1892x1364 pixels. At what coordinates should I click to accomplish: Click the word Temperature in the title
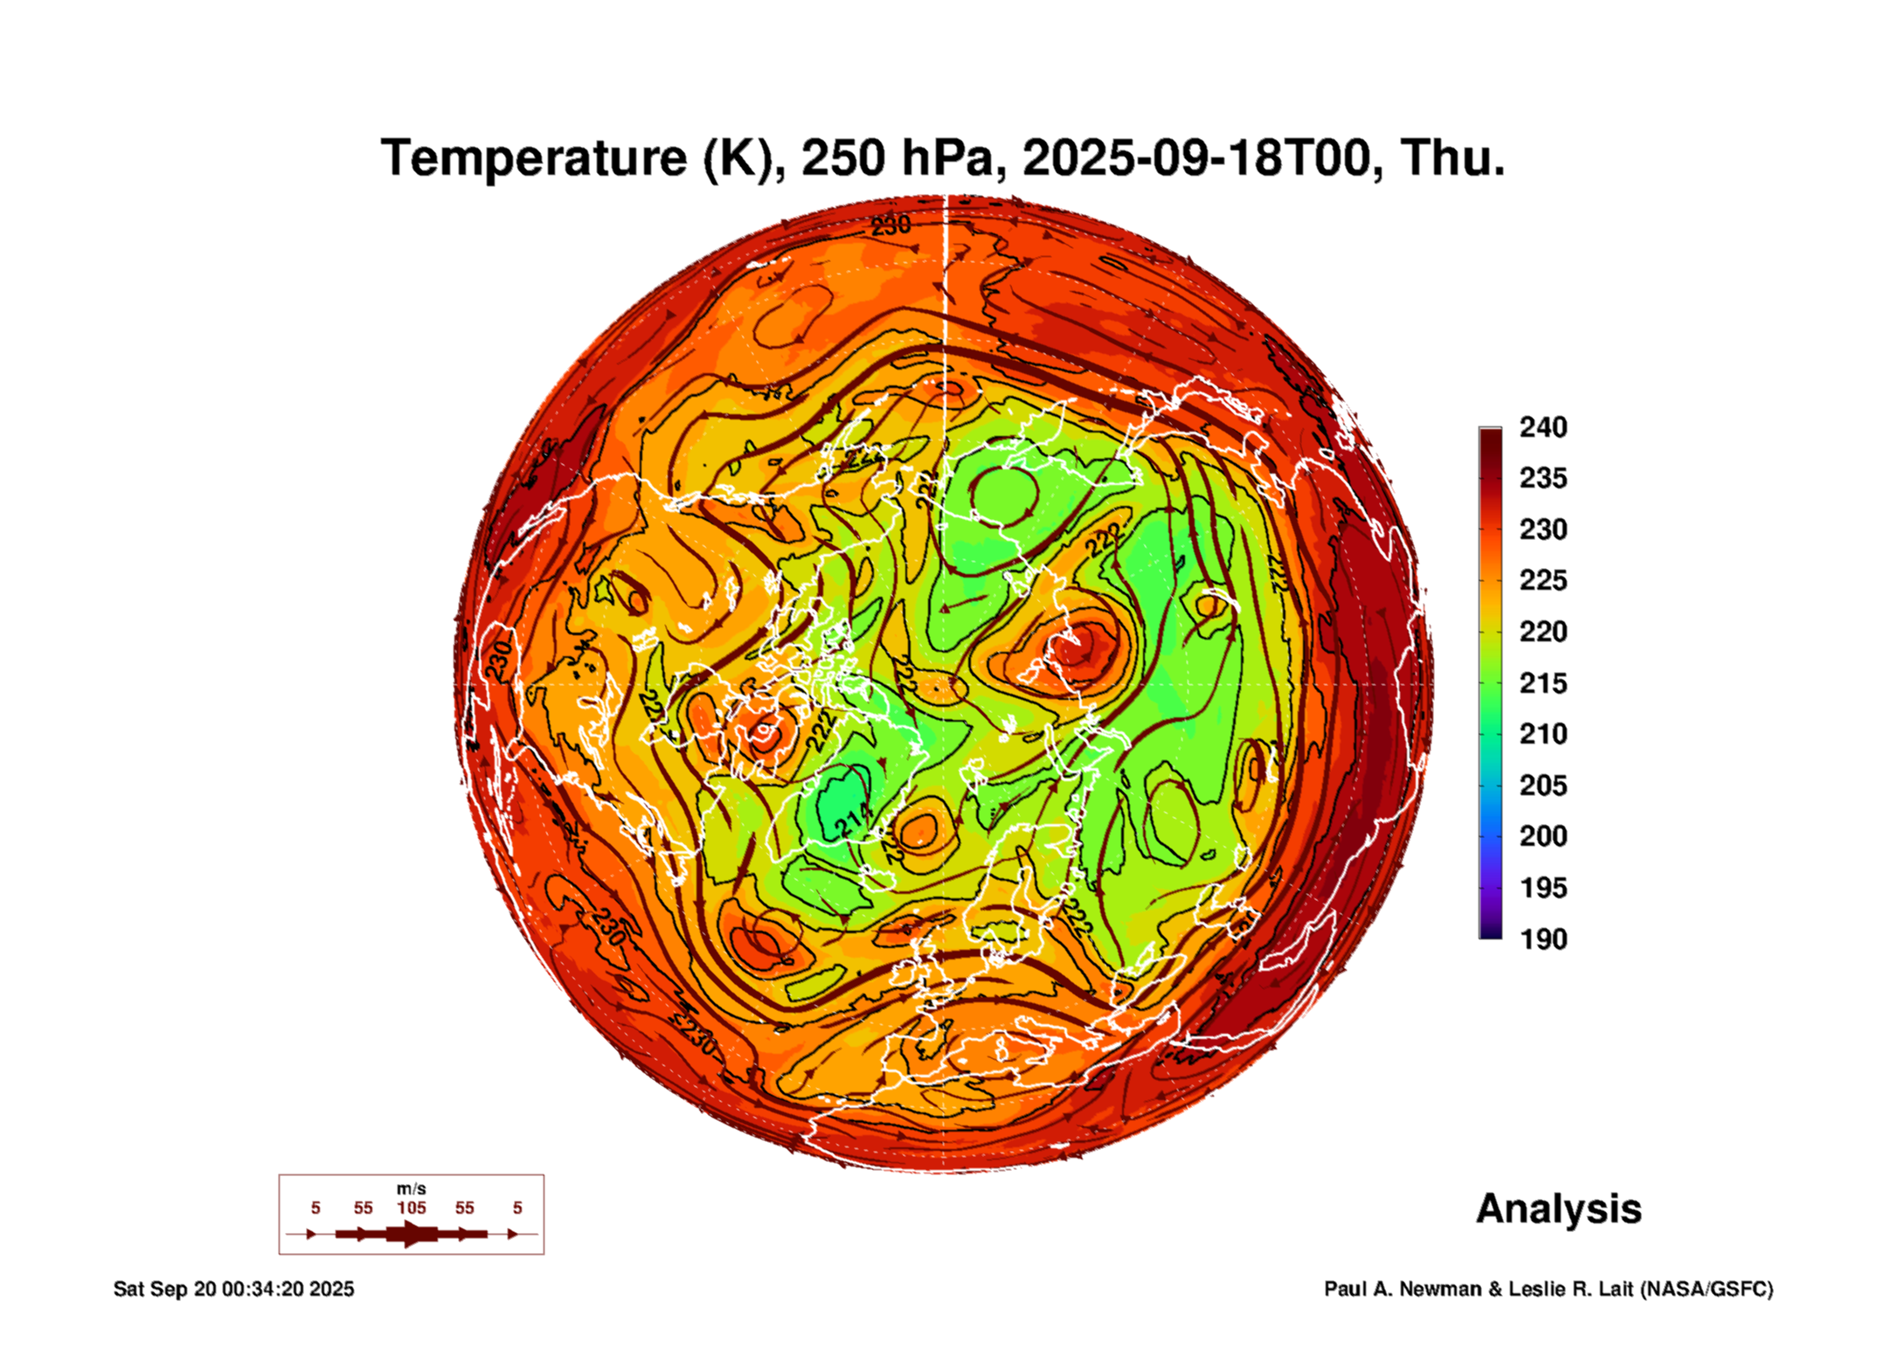coord(534,158)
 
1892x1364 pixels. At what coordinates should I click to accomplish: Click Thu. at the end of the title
coord(1452,158)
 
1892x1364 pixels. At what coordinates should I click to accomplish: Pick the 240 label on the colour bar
coord(1542,427)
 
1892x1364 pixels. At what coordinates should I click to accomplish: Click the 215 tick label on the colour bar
coord(1542,682)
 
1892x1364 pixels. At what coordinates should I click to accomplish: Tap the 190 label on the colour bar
coord(1542,938)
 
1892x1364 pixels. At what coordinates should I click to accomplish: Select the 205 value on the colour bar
coord(1542,785)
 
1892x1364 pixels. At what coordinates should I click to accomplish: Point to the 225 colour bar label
coord(1542,580)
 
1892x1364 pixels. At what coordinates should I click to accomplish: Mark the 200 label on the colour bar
coord(1542,836)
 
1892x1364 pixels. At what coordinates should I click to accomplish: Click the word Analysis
coord(1558,1208)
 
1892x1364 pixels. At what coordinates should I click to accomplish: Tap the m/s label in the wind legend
coord(411,1188)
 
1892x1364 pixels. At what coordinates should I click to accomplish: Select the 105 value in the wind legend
coord(411,1208)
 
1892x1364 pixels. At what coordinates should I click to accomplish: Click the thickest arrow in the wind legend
coord(411,1234)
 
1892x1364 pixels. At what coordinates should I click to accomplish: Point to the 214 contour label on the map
coord(853,820)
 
